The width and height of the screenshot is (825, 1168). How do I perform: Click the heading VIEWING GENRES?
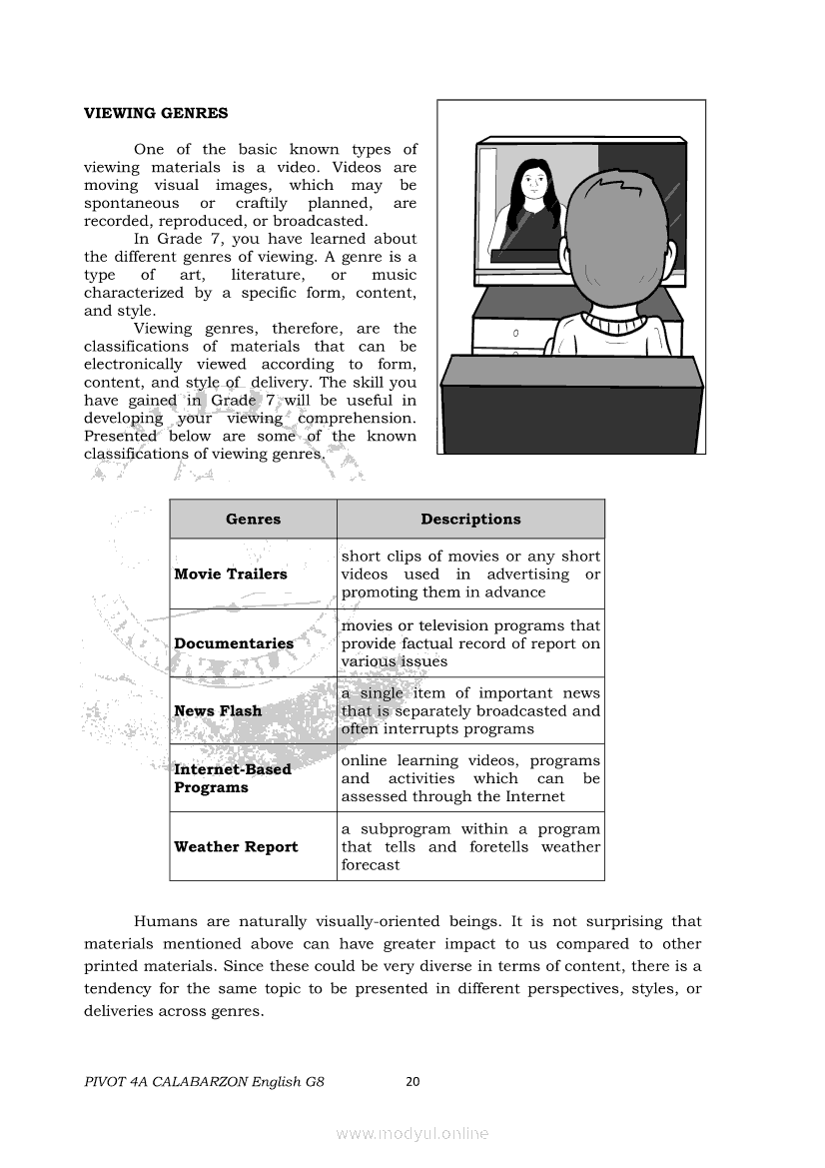(156, 113)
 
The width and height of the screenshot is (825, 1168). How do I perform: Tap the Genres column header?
(253, 520)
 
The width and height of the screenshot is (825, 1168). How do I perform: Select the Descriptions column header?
(470, 520)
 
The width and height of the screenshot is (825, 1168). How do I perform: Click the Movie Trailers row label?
(230, 575)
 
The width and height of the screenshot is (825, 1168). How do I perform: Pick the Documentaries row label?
(234, 643)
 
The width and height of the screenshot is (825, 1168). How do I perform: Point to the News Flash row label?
(218, 711)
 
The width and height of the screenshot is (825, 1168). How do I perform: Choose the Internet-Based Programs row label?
(233, 778)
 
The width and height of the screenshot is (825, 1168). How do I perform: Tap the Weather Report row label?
(236, 847)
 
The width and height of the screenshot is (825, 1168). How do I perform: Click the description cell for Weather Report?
(470, 847)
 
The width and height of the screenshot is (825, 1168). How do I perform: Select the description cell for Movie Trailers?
(470, 575)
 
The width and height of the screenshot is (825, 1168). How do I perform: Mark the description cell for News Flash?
(470, 711)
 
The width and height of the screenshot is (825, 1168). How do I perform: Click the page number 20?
(413, 1081)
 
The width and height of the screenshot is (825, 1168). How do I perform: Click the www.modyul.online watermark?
(412, 1133)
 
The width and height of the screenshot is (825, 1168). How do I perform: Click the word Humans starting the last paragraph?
(162, 922)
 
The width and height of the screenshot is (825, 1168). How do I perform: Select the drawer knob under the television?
(515, 333)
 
